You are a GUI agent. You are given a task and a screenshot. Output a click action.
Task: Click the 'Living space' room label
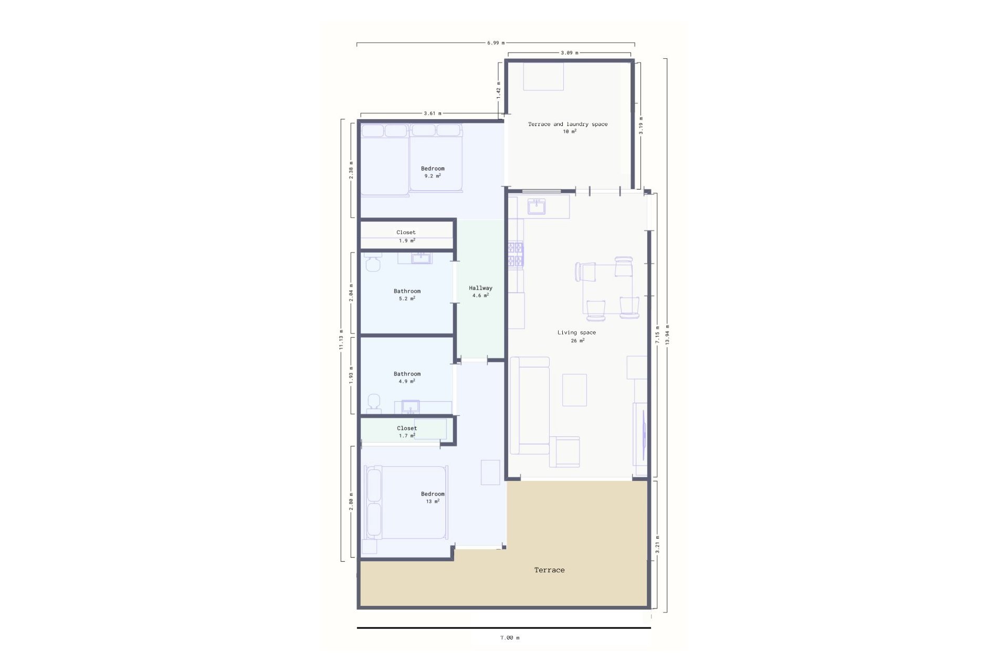click(576, 332)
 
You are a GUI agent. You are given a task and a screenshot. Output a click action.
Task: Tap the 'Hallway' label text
click(480, 288)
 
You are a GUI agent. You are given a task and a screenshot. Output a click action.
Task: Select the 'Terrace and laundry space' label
click(568, 124)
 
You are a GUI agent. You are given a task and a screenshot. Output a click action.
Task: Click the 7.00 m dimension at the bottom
click(509, 637)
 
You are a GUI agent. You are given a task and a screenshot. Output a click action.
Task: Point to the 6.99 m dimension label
click(496, 43)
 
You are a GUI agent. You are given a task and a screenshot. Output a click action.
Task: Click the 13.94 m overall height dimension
click(667, 334)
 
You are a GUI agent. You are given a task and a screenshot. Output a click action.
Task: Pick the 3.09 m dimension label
click(569, 53)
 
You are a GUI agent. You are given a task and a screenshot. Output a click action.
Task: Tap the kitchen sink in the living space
click(537, 206)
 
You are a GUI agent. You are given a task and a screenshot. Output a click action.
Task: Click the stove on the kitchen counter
click(516, 255)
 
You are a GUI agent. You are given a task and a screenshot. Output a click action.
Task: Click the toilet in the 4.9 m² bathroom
click(374, 401)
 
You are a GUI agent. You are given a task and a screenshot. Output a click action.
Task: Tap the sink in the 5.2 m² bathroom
click(421, 258)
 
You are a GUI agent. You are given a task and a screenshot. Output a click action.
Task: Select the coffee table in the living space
click(574, 390)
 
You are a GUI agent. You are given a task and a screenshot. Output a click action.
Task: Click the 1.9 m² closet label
click(406, 236)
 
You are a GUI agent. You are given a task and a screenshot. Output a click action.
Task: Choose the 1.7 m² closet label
click(407, 432)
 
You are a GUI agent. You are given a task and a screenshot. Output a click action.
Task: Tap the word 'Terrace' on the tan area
click(549, 570)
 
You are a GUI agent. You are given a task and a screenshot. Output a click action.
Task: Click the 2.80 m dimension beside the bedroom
click(351, 501)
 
